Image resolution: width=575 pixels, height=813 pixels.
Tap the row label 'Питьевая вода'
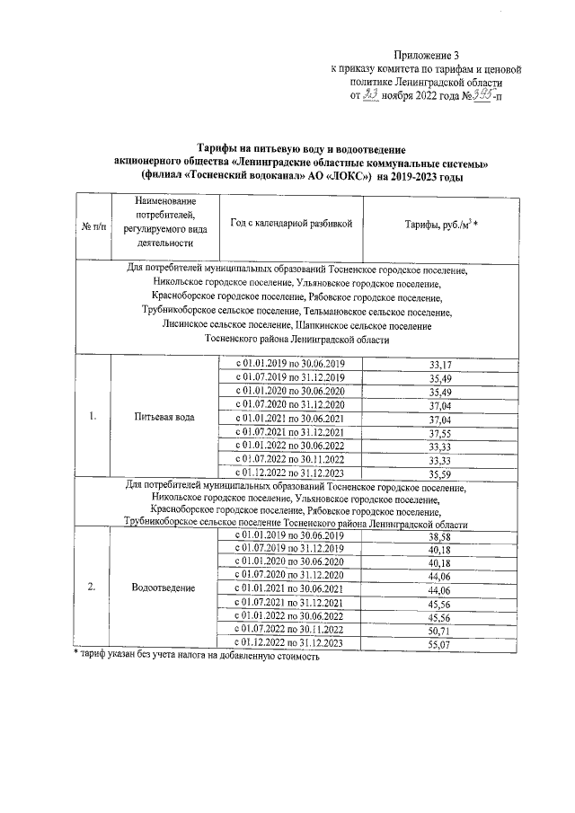(x=164, y=418)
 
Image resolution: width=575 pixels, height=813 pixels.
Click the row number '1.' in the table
(x=93, y=418)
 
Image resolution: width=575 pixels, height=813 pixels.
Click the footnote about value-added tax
(x=196, y=657)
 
